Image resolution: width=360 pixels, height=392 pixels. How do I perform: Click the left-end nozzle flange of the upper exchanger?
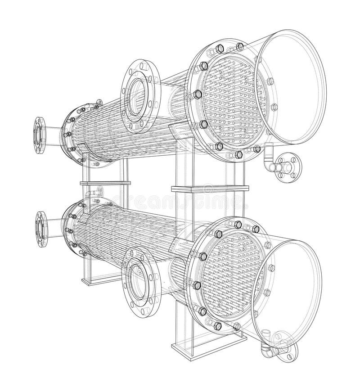point(39,135)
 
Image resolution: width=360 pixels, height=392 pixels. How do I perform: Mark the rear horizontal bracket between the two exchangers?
point(105,183)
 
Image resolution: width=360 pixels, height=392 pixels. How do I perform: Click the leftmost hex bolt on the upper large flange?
point(197,94)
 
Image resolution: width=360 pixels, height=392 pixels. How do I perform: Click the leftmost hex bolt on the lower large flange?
point(197,284)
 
